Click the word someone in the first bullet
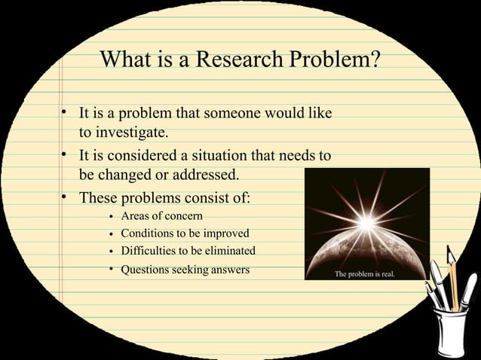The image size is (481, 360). pos(237,114)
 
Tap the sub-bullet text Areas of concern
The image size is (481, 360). pos(161,217)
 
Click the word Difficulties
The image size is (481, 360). pos(149,251)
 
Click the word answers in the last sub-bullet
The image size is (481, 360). pos(230,269)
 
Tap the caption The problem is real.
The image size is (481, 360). pos(369,274)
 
